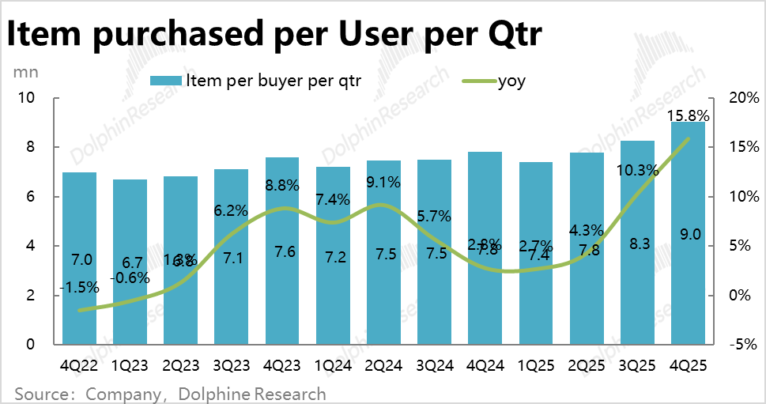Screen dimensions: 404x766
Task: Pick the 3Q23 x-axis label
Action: [x=231, y=366]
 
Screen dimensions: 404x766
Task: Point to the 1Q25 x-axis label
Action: [x=534, y=366]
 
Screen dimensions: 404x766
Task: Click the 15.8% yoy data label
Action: [x=689, y=116]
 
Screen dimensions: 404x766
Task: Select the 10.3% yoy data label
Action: [x=637, y=170]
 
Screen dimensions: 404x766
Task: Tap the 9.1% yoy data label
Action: [x=384, y=181]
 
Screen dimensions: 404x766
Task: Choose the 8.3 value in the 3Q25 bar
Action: [x=637, y=246]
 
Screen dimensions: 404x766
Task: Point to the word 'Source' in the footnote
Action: [x=41, y=393]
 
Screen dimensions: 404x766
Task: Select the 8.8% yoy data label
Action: [x=281, y=186]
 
